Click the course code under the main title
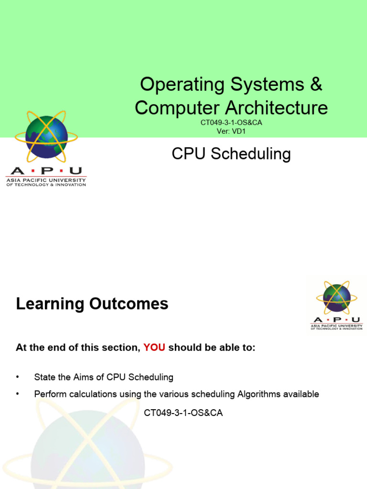[x=231, y=123]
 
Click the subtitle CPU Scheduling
[x=231, y=154]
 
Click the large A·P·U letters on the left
[x=46, y=171]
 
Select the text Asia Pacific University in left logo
[x=46, y=180]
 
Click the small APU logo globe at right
[x=336, y=298]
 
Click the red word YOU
[x=154, y=348]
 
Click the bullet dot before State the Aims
[x=18, y=377]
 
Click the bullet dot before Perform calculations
[x=18, y=394]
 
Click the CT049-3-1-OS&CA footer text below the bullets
[x=183, y=413]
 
